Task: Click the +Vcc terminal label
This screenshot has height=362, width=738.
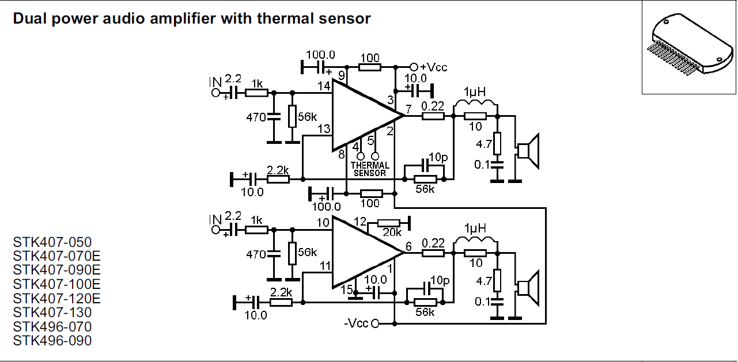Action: (433, 67)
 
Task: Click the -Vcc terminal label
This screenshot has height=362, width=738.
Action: (357, 323)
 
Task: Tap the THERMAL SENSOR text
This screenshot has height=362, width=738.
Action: (369, 169)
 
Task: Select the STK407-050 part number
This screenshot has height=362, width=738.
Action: (52, 242)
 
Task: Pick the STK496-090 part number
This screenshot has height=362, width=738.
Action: (52, 341)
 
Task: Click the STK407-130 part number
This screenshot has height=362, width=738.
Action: (52, 313)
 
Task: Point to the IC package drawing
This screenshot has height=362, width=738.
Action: (688, 47)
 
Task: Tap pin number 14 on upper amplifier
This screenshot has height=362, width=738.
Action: (324, 86)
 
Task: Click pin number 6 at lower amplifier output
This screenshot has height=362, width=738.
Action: (408, 246)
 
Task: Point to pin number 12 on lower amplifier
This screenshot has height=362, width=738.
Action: (360, 222)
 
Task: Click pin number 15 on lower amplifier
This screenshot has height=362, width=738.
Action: (346, 289)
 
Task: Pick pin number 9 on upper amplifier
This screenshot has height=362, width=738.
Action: (341, 75)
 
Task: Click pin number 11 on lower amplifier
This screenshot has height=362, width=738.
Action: (325, 266)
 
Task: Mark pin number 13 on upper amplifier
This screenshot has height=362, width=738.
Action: (324, 128)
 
